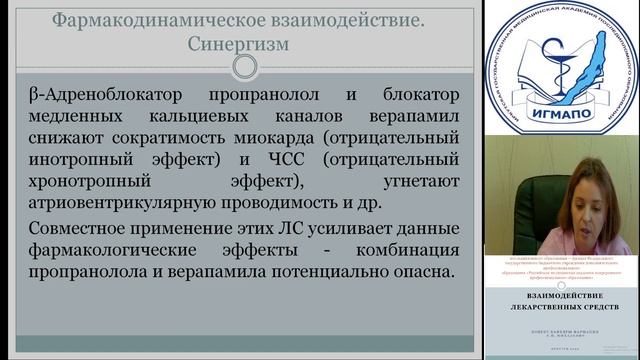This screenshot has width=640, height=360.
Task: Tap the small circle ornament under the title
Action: pyautogui.click(x=242, y=68)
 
